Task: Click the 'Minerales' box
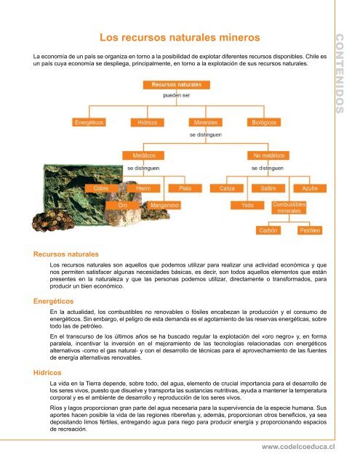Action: coord(207,122)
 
